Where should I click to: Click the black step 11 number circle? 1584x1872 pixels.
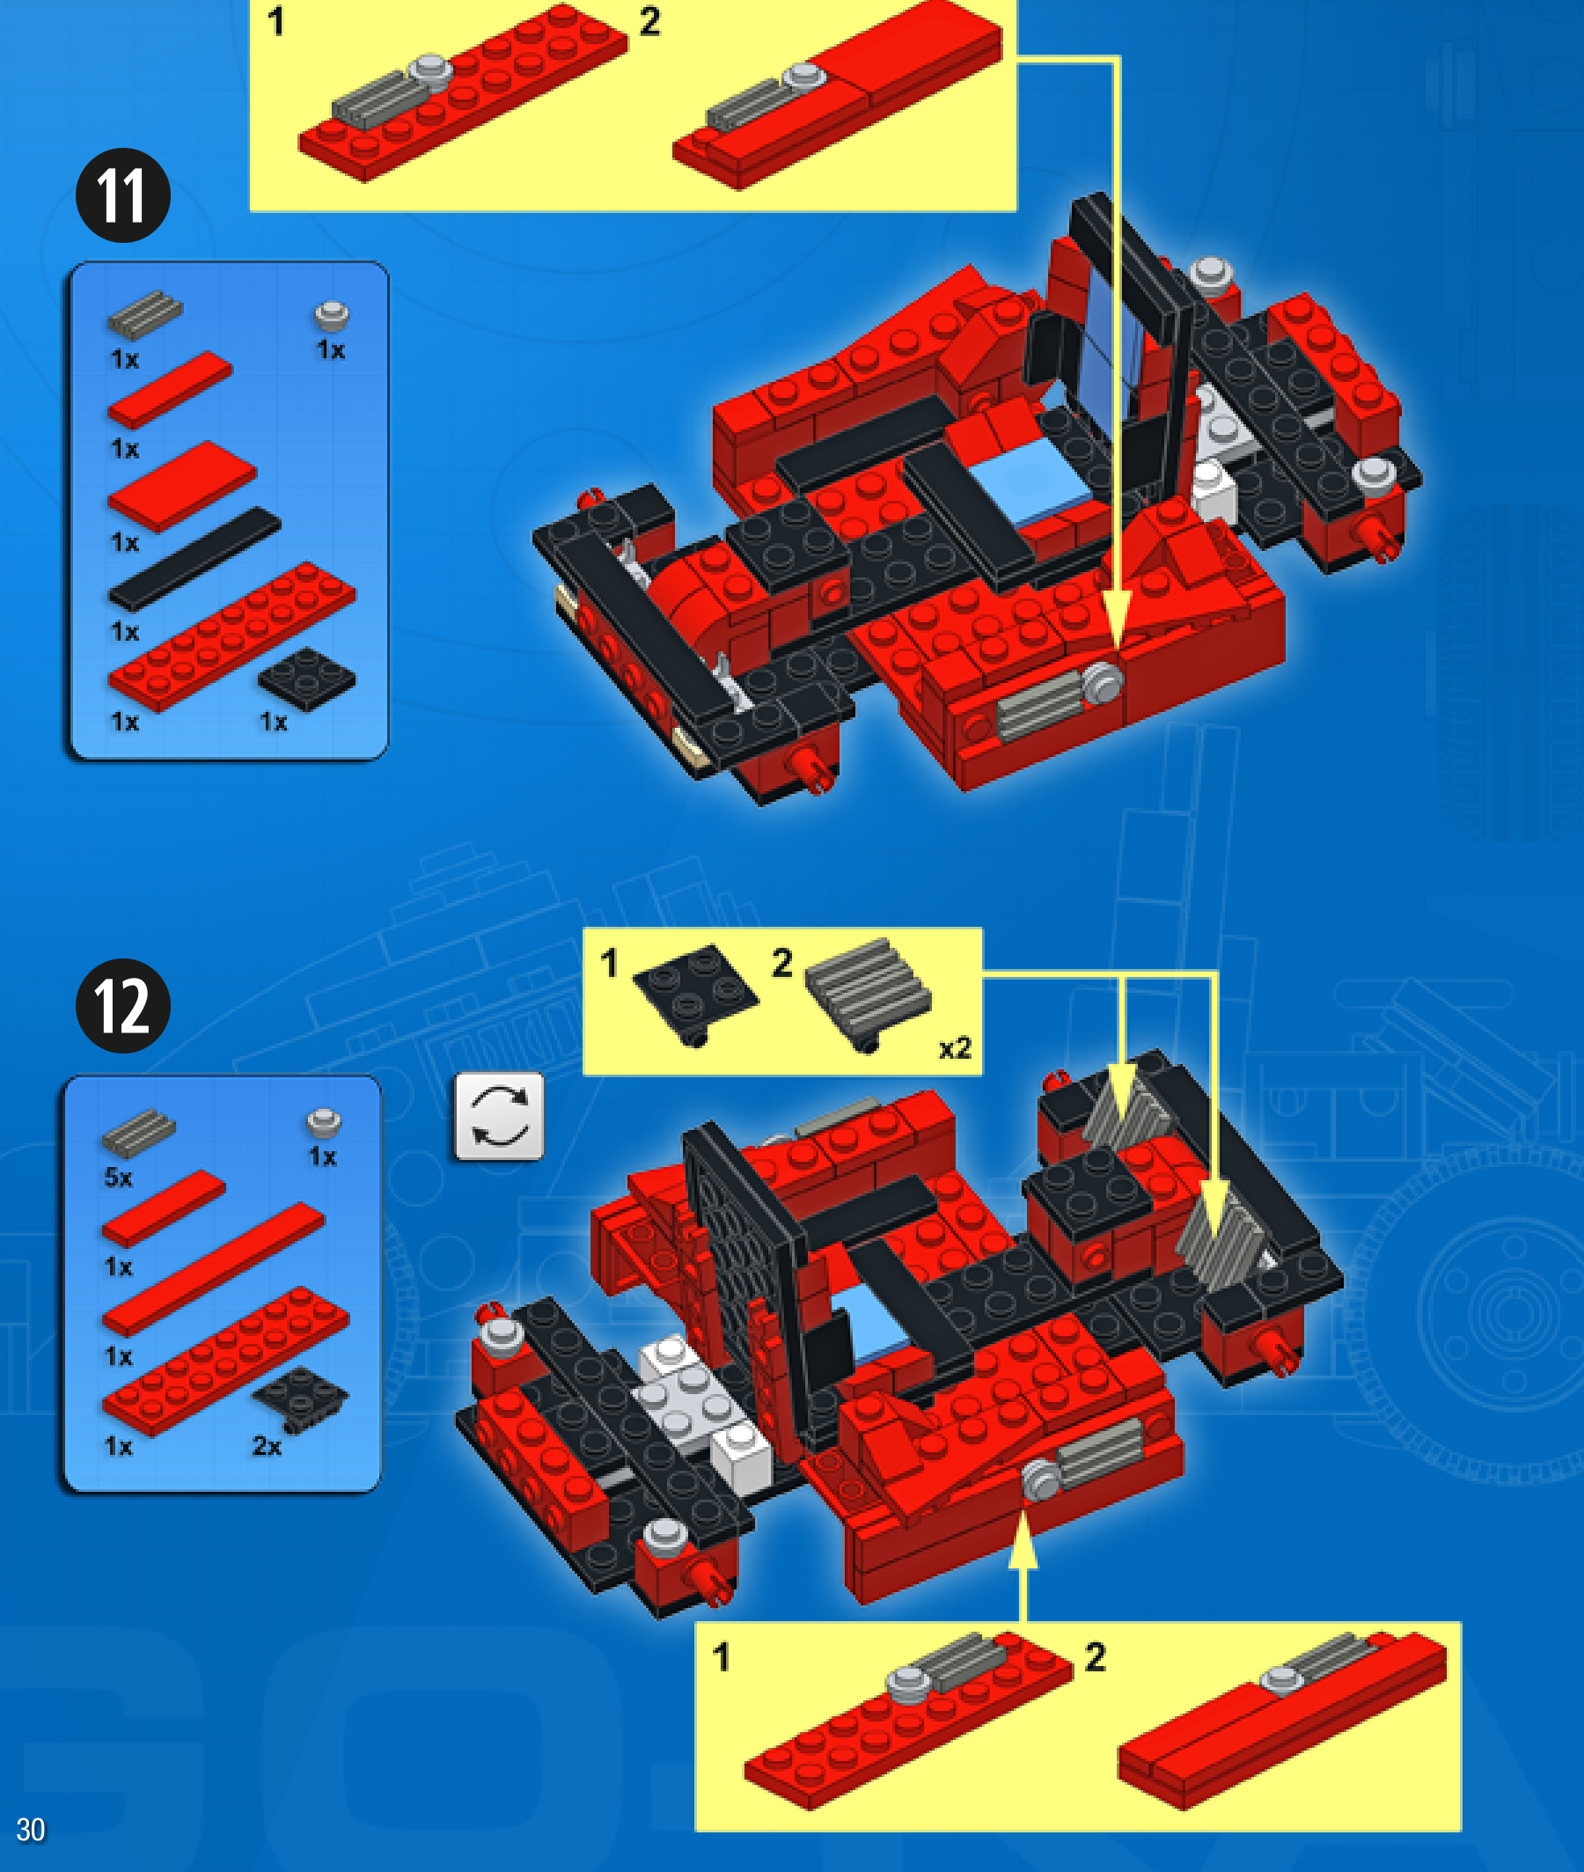click(123, 195)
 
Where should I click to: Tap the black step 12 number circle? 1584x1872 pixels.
click(123, 1006)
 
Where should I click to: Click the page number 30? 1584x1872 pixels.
click(31, 1830)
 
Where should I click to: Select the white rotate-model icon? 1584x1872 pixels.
click(499, 1116)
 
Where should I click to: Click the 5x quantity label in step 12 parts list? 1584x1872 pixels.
click(119, 1177)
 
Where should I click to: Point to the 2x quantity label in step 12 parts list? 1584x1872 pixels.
click(267, 1446)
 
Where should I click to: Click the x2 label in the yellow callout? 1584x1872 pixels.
click(955, 1049)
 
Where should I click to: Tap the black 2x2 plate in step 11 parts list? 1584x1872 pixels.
click(306, 679)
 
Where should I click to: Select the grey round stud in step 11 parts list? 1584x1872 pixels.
click(332, 316)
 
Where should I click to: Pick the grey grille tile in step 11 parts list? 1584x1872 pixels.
click(144, 315)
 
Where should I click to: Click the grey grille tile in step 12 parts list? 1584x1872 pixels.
click(138, 1132)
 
